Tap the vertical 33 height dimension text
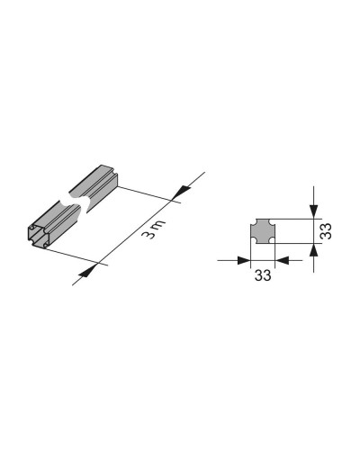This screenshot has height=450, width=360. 326,231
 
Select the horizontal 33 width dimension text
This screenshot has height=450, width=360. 263,274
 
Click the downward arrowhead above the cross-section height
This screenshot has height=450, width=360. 314,211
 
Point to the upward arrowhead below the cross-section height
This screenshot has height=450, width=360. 314,250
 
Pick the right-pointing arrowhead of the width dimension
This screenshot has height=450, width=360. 243,260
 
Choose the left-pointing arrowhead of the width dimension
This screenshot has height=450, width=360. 282,260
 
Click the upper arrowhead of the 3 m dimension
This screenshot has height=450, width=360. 181,193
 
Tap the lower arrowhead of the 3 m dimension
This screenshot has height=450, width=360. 87,271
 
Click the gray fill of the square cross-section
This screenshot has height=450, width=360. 263,231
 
